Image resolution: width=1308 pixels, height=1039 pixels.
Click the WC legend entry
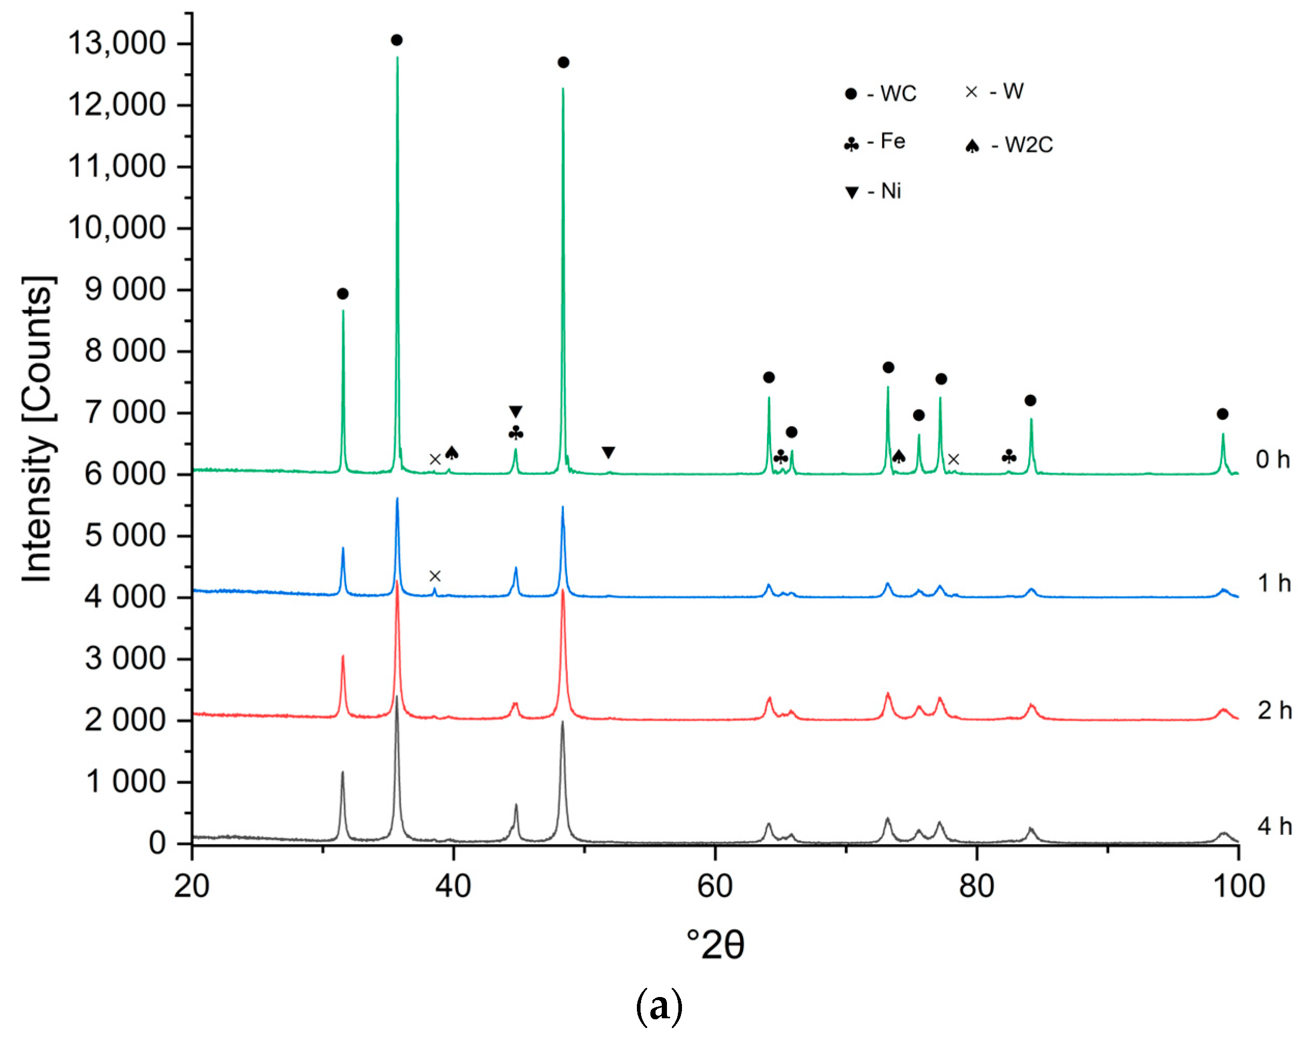880,93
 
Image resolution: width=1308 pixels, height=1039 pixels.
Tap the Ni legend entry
873,192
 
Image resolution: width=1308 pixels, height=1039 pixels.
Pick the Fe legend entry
875,143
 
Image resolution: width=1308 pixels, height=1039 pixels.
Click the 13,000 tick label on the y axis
117,44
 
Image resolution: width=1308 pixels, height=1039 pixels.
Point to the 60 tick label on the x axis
715,886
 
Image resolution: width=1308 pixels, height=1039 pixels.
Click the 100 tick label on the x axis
1238,886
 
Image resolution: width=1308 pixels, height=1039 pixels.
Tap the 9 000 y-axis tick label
125,290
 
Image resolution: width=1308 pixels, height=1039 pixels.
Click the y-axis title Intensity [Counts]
38,431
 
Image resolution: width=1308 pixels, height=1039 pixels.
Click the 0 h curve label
1272,460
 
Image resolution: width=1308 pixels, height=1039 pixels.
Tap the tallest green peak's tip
397,57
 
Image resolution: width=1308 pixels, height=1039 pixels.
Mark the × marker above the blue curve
434,576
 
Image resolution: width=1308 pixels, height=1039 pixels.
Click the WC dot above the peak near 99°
1222,414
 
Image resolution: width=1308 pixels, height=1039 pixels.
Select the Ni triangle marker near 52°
608,452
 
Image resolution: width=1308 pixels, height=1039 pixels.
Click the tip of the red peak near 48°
563,590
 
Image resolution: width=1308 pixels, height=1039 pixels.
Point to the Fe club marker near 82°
1009,457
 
